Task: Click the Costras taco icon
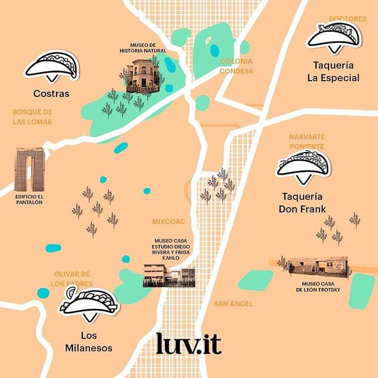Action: [52, 66]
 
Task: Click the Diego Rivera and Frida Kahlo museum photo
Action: [169, 275]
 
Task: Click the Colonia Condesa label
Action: [236, 66]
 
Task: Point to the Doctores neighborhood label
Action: [348, 19]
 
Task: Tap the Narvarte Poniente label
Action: [306, 142]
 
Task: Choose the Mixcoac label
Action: [169, 221]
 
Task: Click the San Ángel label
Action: [233, 304]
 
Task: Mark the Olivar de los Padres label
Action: [72, 279]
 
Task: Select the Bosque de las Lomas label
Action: [32, 116]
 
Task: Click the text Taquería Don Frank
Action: [302, 203]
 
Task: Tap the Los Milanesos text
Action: [89, 342]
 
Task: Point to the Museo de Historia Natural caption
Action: [143, 47]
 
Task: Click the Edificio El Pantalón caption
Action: [29, 199]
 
